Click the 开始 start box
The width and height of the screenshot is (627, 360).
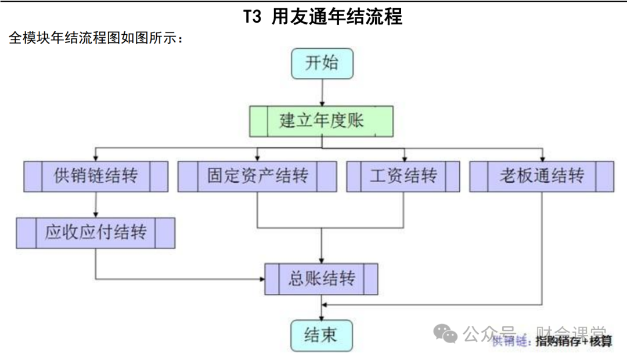click(x=322, y=63)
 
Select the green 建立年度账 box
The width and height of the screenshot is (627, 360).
click(x=322, y=121)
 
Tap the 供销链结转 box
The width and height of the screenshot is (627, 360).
click(x=96, y=176)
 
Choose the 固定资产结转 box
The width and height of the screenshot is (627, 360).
click(x=257, y=176)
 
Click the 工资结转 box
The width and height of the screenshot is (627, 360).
click(x=403, y=176)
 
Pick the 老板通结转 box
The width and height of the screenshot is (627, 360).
click(x=542, y=176)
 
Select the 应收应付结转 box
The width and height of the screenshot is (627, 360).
click(x=96, y=233)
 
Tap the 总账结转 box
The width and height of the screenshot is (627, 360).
click(x=321, y=279)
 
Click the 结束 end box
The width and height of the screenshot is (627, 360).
click(x=321, y=335)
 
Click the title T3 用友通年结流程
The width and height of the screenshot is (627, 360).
click(x=323, y=17)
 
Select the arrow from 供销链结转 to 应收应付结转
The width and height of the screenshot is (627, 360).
click(x=96, y=204)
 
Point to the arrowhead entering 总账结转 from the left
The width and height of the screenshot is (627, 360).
click(x=261, y=279)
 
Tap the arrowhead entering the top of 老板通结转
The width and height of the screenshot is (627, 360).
click(x=542, y=158)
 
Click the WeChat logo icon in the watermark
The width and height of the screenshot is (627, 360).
click(x=446, y=333)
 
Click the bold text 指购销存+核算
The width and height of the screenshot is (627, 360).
click(x=574, y=341)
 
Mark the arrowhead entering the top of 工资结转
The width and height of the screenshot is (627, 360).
click(x=403, y=158)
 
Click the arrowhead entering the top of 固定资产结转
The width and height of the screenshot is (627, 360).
click(x=257, y=158)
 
